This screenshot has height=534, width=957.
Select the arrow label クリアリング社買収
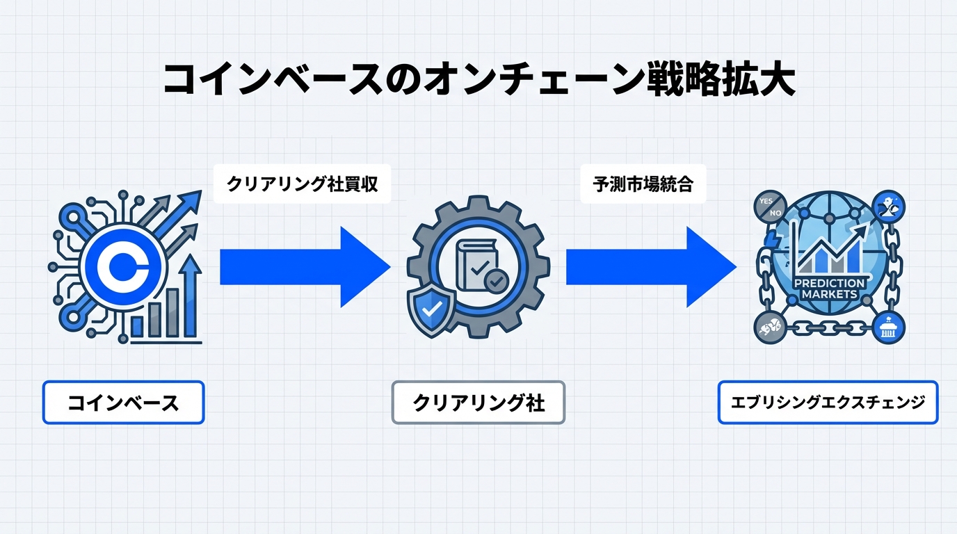(302, 184)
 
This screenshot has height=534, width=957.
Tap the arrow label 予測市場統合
(643, 184)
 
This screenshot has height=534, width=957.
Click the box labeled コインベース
(123, 402)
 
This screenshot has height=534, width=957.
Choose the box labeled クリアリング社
(478, 402)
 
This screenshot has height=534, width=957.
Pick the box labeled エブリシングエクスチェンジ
(828, 402)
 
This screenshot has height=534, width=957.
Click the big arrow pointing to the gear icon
(305, 266)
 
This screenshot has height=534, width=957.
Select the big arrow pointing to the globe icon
(650, 266)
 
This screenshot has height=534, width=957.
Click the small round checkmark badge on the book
(497, 281)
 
